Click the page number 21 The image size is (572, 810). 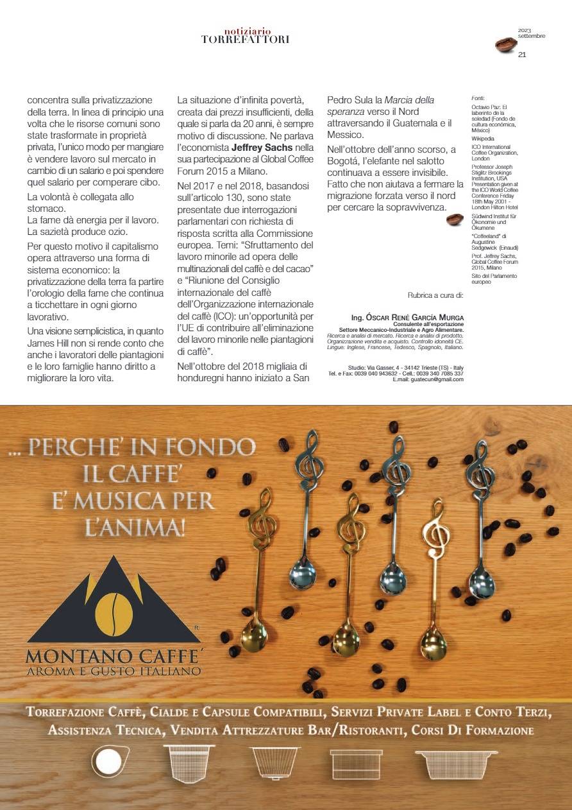tap(522, 55)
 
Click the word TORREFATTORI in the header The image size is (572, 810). tap(245, 40)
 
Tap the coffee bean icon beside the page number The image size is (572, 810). tap(506, 45)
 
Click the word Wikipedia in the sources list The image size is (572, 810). tap(482, 137)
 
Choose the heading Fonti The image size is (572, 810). tap(478, 98)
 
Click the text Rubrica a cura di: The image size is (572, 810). tap(435, 296)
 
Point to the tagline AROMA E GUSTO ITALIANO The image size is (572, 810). tap(113, 672)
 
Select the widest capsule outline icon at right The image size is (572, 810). tap(448, 764)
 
